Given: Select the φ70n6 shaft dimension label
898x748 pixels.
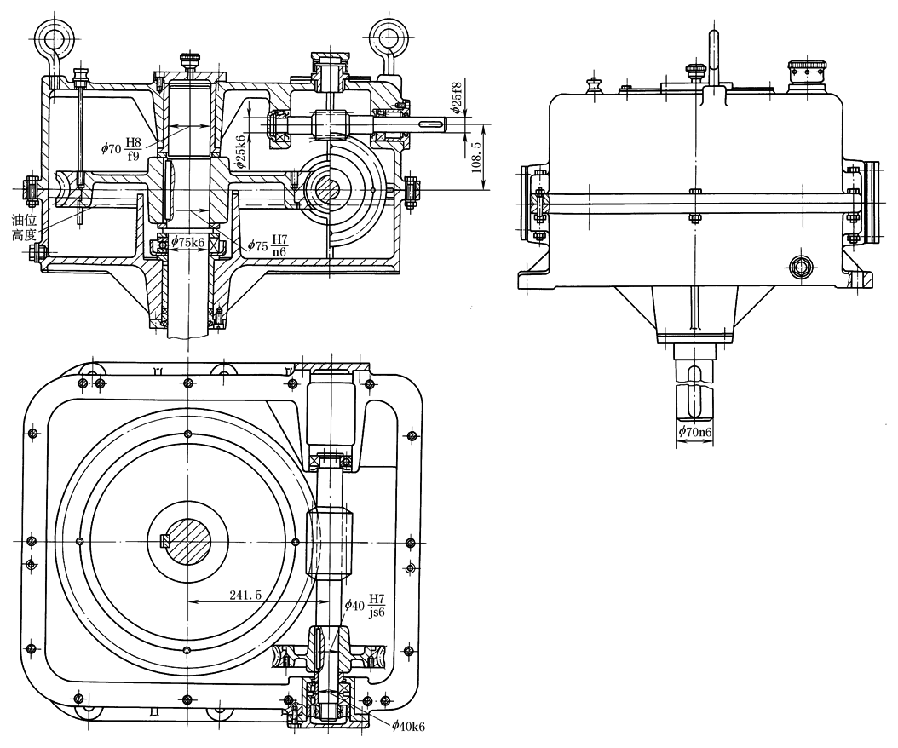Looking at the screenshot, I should pyautogui.click(x=695, y=434).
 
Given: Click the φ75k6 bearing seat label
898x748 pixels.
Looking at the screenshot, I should pyautogui.click(x=188, y=242).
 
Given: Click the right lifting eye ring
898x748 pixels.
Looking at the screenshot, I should pyautogui.click(x=388, y=37).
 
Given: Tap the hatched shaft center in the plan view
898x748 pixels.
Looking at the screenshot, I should pyautogui.click(x=188, y=539).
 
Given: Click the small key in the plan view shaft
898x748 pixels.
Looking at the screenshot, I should pyautogui.click(x=166, y=539).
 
